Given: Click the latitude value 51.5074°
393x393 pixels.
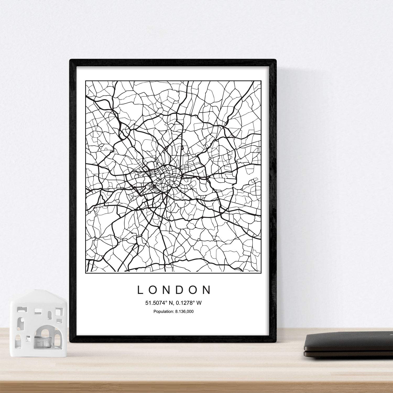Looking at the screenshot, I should click(156, 303).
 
